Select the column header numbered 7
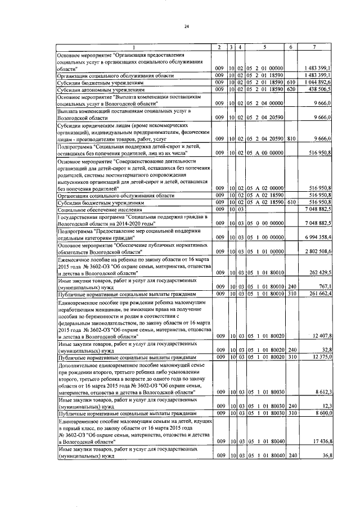[319, 46]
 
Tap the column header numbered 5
[265, 46]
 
